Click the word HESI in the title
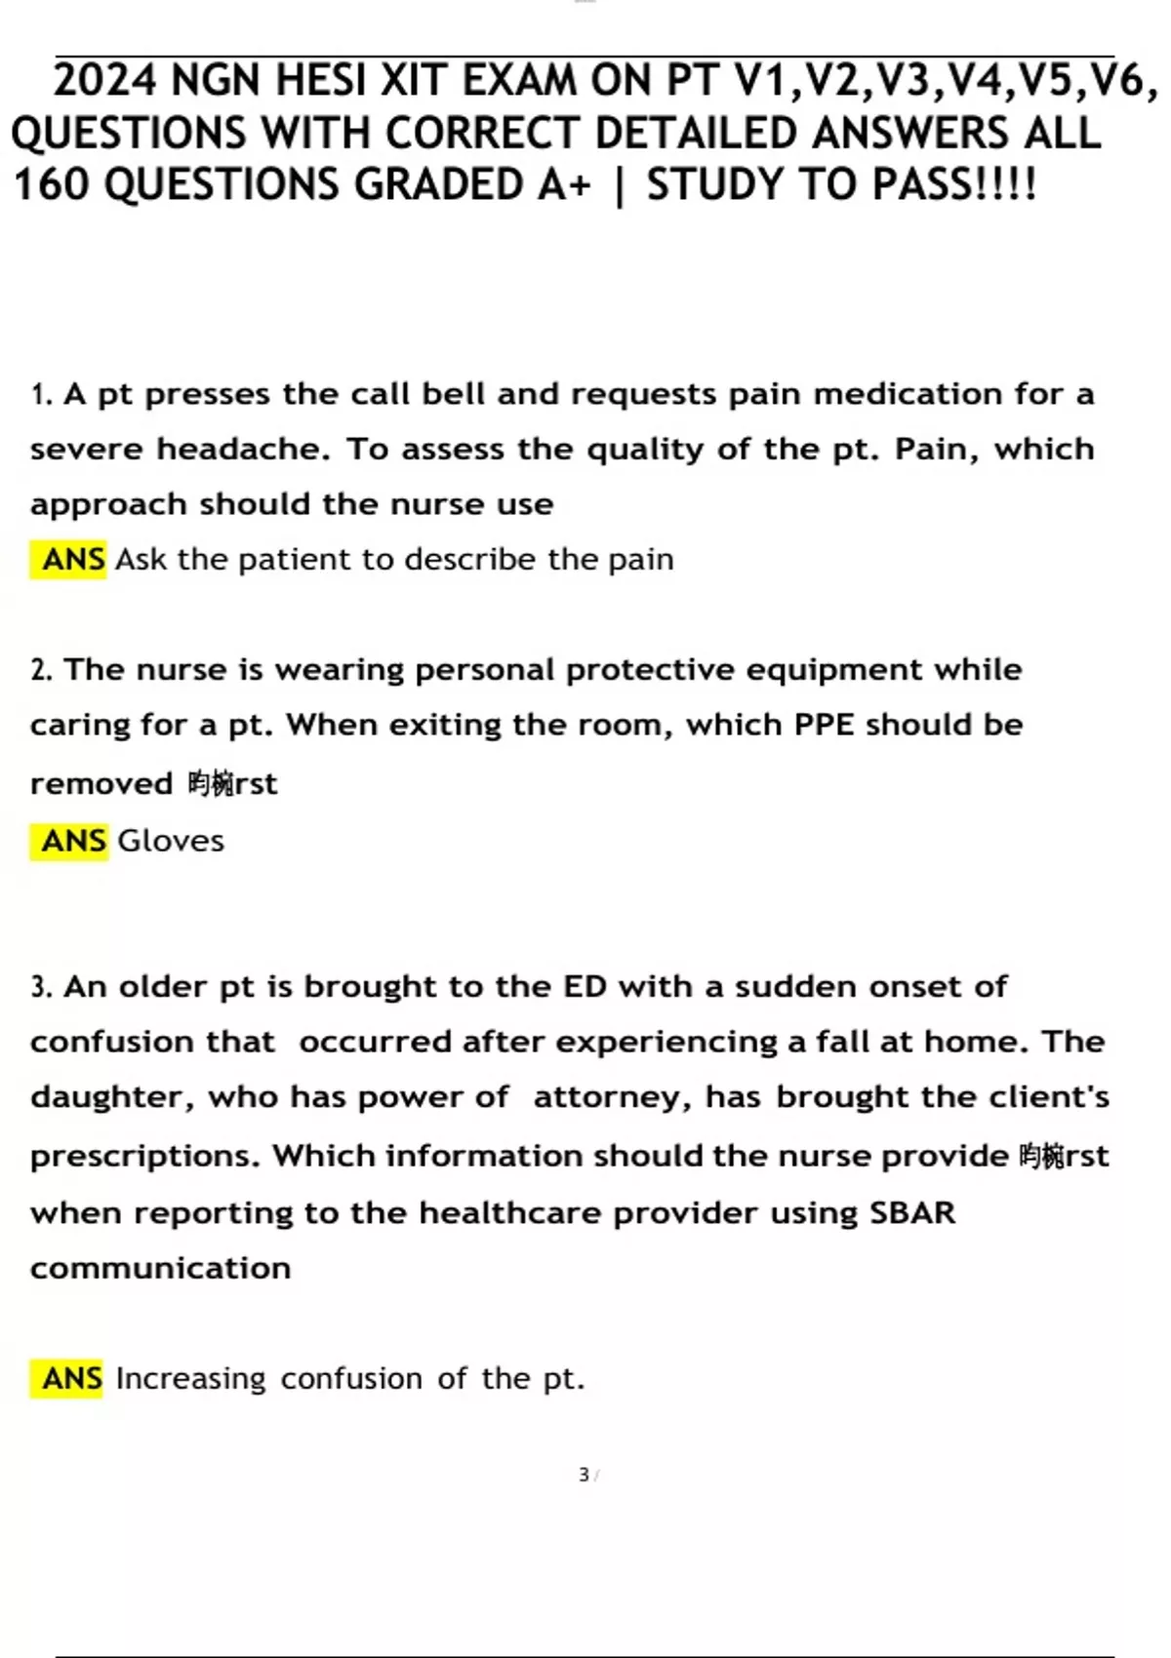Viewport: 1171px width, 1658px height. [316, 81]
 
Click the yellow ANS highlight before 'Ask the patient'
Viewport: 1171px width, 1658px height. [70, 560]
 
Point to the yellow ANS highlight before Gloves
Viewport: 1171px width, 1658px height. [70, 841]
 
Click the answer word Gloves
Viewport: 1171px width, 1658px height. [171, 841]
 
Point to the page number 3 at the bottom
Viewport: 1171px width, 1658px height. [584, 1475]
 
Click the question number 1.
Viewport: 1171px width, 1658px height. [40, 395]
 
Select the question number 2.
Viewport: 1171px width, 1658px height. [40, 671]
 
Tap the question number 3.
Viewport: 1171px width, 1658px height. [40, 987]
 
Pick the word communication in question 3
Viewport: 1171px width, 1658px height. [160, 1269]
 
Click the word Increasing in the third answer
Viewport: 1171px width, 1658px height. [190, 1379]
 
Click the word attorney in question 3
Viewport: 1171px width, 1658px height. [612, 1098]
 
